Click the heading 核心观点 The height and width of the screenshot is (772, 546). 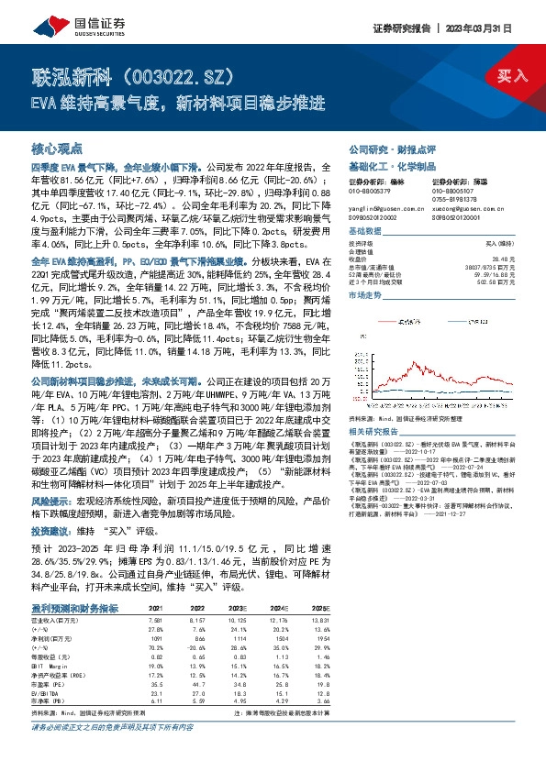57,149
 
